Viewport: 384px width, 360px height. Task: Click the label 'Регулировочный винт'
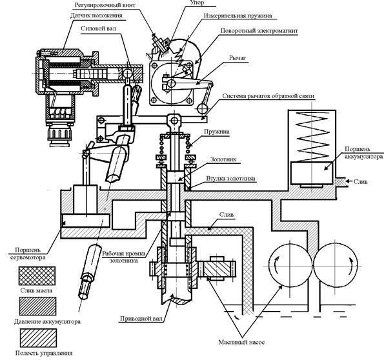[x=105, y=5]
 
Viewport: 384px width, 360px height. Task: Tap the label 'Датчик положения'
[x=96, y=15]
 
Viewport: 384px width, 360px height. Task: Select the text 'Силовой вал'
[x=99, y=28]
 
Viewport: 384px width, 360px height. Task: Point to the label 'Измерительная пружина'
[x=237, y=15]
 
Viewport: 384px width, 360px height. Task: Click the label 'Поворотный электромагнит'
[x=259, y=31]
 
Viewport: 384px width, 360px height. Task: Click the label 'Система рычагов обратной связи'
[x=268, y=96]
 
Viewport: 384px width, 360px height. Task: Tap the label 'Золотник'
[x=223, y=159]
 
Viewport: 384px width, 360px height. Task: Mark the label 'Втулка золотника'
[x=230, y=178]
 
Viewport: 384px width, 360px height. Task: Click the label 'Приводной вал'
[x=141, y=319]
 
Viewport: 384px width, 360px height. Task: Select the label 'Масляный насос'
[x=241, y=342]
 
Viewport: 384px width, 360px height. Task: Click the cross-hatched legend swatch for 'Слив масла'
[x=37, y=275]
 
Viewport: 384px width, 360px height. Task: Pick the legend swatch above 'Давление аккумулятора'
[x=37, y=306]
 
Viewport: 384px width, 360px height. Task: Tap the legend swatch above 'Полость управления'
[x=38, y=338]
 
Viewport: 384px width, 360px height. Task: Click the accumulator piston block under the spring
[x=312, y=173]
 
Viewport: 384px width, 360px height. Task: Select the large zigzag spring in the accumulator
[x=312, y=137]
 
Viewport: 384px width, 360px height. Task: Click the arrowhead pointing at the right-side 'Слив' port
[x=347, y=181]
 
